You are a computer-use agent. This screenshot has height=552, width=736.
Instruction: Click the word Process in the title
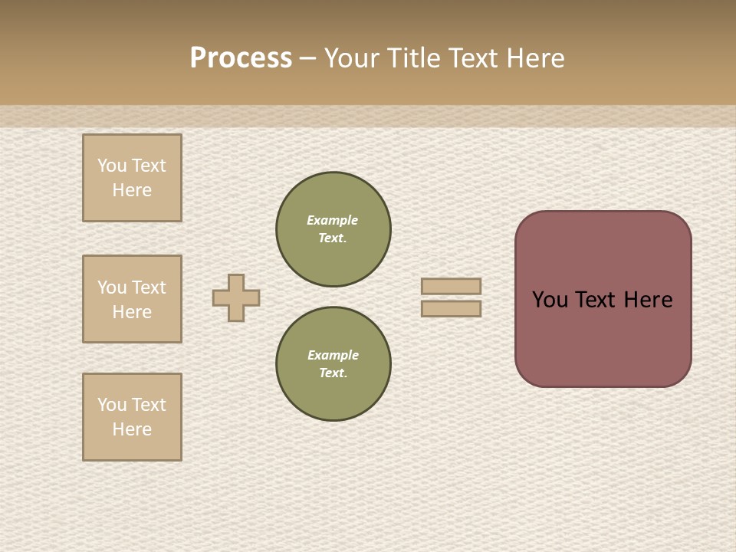[241, 58]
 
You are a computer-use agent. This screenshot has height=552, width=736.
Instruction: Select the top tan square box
[132, 178]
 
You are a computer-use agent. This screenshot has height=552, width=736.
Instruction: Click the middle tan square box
[132, 299]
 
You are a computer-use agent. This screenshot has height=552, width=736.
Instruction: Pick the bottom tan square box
[132, 417]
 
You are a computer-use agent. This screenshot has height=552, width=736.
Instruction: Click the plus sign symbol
[236, 297]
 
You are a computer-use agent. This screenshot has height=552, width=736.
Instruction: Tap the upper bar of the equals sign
[451, 286]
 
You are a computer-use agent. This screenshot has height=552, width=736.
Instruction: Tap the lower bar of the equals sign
[451, 309]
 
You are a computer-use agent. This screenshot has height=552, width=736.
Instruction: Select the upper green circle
[333, 229]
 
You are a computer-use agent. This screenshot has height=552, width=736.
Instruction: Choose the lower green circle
[333, 364]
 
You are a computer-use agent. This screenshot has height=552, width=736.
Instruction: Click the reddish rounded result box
[603, 337]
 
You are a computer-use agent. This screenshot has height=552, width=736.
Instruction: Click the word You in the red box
[550, 300]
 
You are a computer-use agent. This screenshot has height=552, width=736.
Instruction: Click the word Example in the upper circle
[333, 220]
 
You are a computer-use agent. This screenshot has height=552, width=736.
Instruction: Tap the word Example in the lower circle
[333, 355]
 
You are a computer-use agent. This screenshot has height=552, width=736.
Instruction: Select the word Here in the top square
[132, 190]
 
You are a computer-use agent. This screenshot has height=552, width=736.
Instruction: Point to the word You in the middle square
[112, 287]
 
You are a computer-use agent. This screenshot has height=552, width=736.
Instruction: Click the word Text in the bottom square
[149, 405]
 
